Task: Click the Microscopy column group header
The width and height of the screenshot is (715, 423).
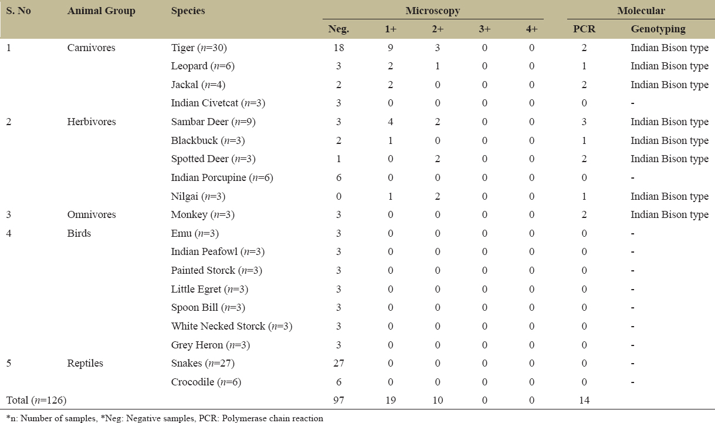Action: [432, 11]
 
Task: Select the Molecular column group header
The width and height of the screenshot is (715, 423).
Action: [641, 11]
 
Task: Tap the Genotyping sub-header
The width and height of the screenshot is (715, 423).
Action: [658, 29]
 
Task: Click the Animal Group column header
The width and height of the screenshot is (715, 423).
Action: [101, 11]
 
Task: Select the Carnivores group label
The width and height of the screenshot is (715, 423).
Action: [92, 48]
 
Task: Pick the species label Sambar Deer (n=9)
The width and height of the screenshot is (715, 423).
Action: [214, 122]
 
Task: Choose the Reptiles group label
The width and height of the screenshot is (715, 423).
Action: [86, 364]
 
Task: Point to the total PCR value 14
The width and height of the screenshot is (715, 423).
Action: [584, 401]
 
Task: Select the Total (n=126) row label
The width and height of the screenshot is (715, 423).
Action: [36, 401]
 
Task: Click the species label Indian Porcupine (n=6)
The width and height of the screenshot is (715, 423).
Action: [222, 177]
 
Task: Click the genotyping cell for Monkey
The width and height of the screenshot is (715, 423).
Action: [669, 215]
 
